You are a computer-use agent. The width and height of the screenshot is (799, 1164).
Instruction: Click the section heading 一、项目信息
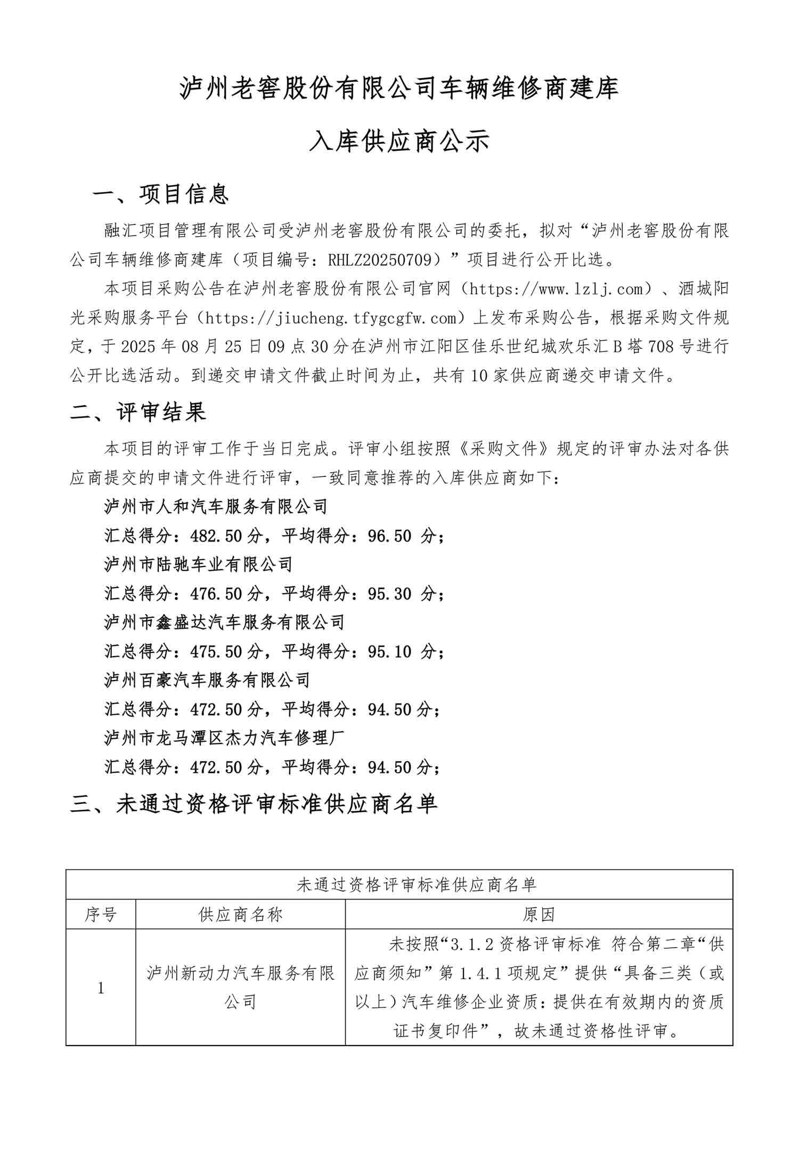160,195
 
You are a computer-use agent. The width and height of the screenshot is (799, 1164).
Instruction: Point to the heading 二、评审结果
138,412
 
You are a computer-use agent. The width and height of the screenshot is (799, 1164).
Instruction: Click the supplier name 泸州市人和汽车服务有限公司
216,506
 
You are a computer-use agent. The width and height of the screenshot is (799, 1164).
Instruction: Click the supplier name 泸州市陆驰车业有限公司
199,564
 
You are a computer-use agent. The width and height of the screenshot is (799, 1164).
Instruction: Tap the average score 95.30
390,594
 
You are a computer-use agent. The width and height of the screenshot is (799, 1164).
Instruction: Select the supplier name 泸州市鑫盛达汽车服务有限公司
224,623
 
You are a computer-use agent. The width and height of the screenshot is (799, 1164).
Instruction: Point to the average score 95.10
390,651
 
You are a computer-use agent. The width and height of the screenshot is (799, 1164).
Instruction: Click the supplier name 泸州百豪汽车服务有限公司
207,681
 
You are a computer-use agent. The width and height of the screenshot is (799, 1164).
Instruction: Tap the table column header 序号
101,915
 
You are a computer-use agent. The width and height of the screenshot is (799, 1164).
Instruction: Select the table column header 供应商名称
240,915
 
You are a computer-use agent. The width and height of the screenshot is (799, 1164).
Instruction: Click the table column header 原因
539,915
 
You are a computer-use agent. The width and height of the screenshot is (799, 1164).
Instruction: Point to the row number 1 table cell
101,988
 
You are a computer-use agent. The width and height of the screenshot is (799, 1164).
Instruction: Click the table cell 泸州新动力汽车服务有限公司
240,988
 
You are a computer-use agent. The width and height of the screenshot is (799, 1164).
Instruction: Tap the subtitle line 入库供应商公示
399,142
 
